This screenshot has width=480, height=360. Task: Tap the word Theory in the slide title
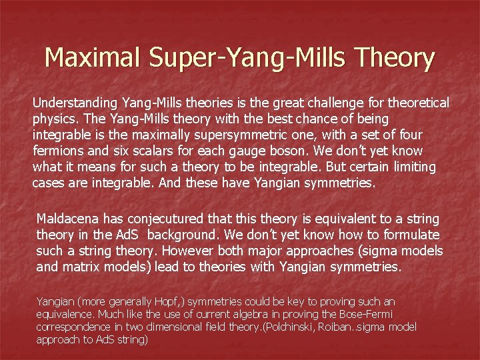click(x=395, y=58)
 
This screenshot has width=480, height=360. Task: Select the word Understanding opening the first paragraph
click(x=75, y=103)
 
